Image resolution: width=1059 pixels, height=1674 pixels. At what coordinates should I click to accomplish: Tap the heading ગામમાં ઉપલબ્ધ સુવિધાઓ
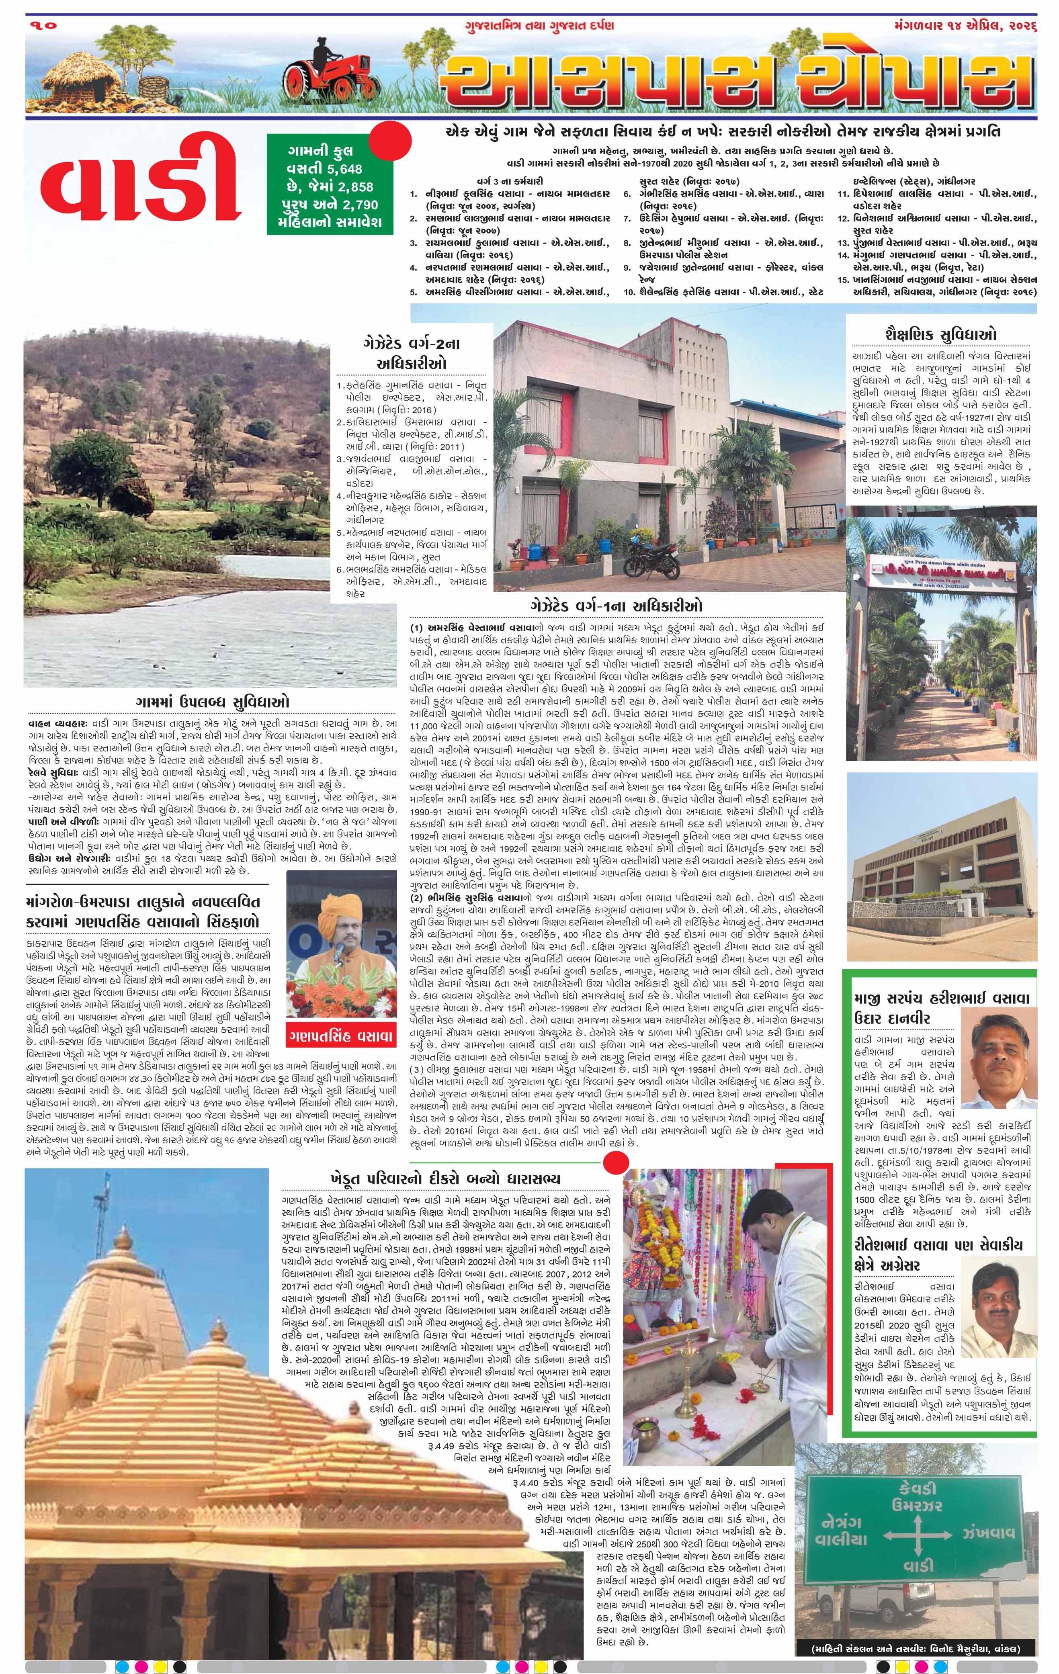point(213,699)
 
